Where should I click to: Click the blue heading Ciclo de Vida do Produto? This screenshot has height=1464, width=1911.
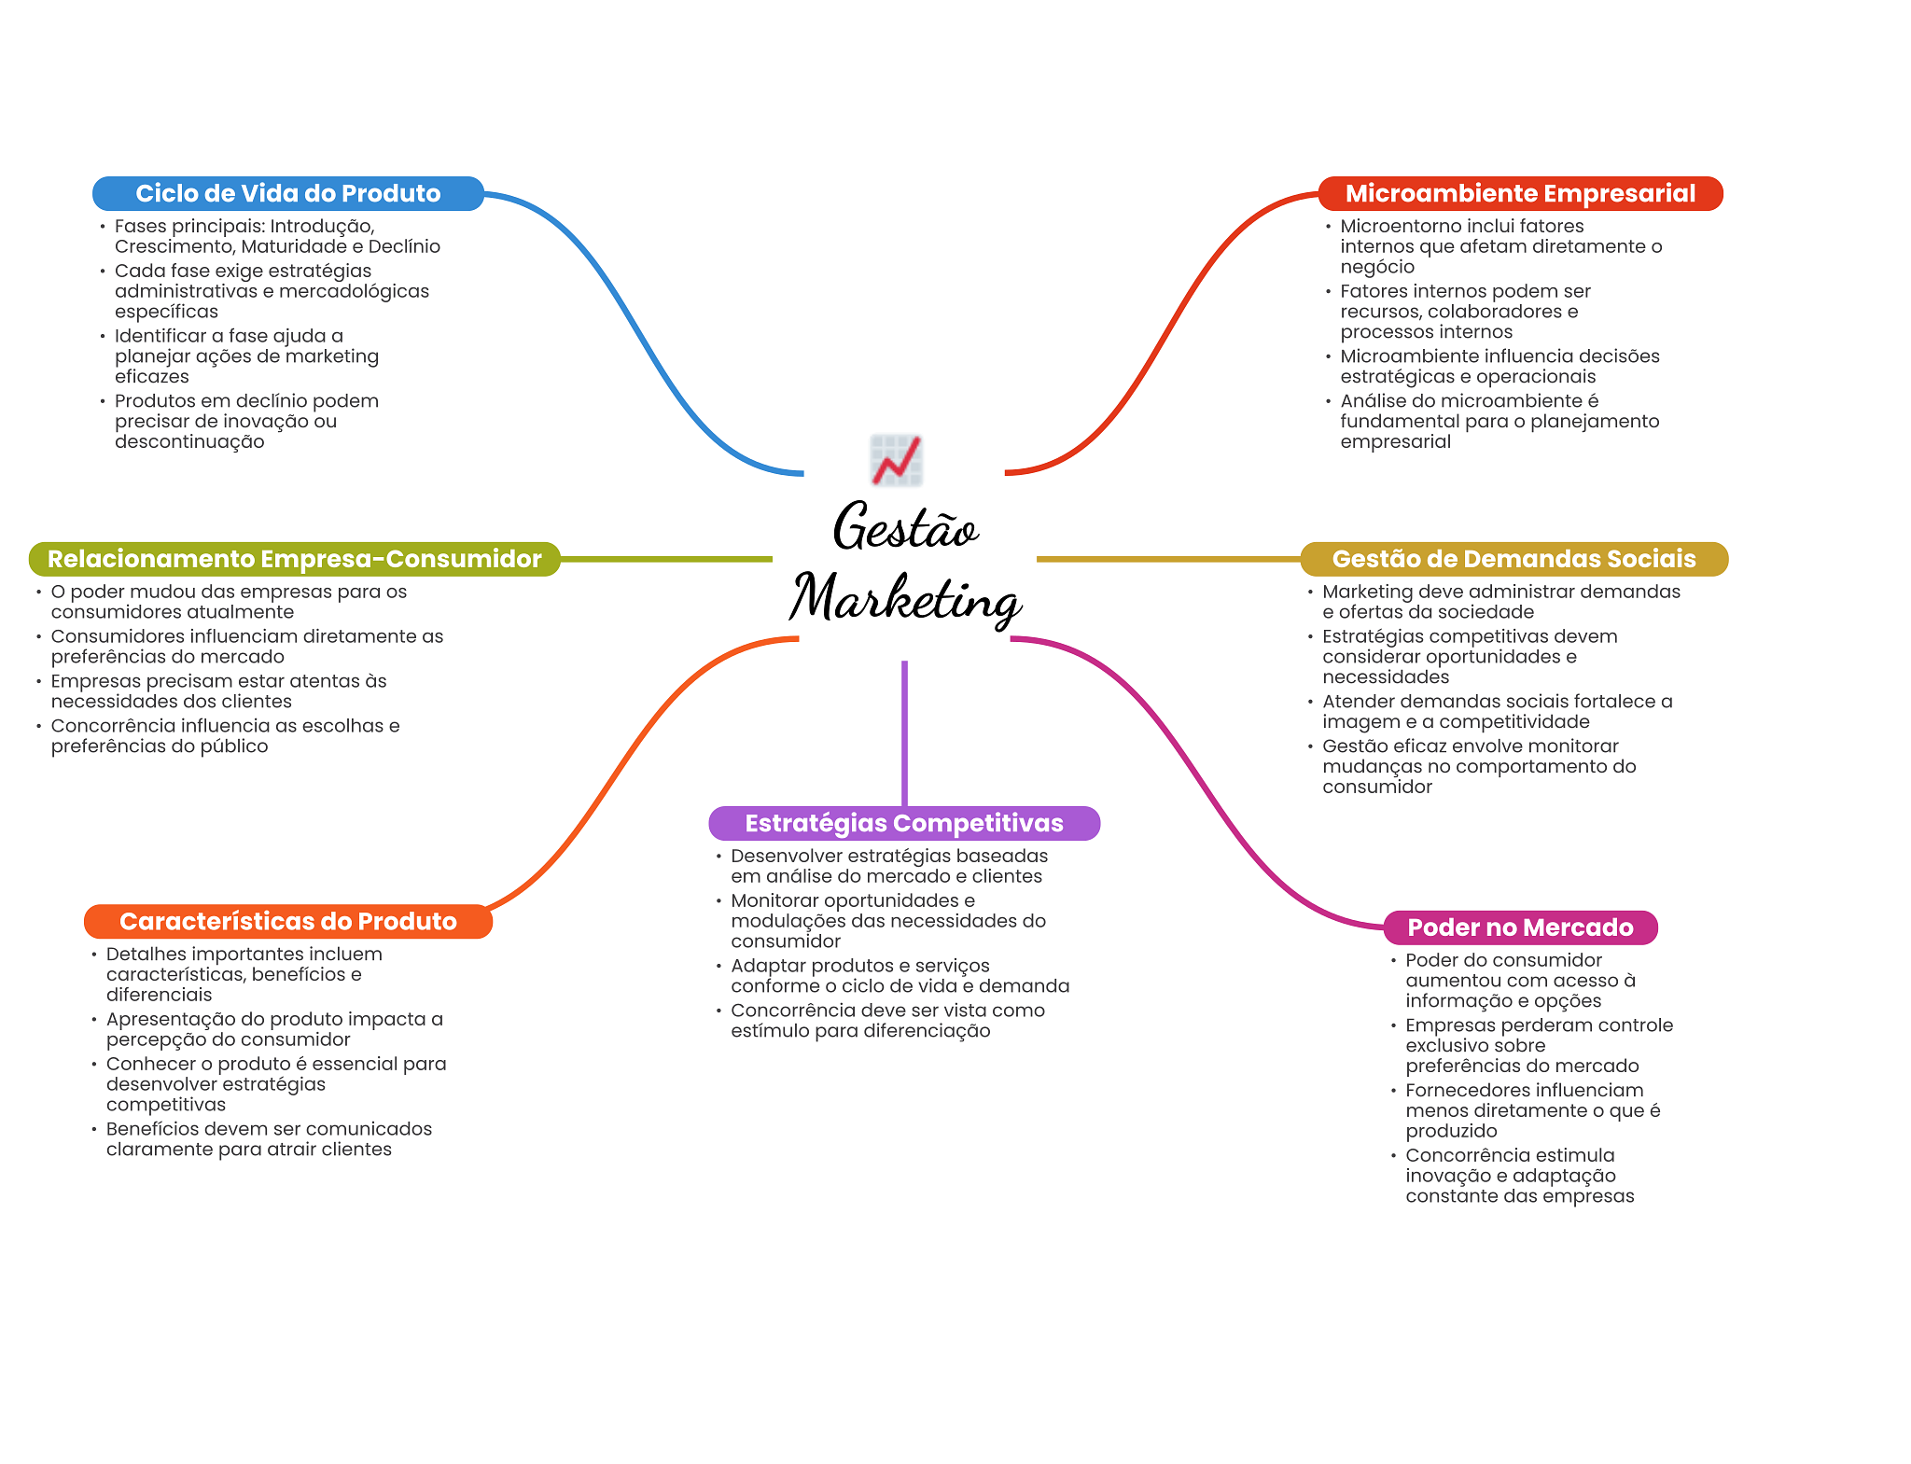(287, 193)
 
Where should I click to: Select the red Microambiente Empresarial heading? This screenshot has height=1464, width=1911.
(1519, 193)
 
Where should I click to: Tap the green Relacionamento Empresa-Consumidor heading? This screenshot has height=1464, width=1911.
(294, 559)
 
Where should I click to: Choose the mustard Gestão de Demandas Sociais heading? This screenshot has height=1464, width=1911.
(1513, 559)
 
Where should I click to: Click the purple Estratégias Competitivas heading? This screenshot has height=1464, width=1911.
(903, 823)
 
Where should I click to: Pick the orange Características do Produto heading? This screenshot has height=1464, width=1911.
(287, 921)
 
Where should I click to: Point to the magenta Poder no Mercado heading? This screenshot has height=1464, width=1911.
(1519, 927)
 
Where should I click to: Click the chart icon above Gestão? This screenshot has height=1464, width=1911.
(896, 460)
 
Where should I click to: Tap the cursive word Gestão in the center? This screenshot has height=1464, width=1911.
(905, 527)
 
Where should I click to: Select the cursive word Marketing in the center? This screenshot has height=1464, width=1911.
(905, 597)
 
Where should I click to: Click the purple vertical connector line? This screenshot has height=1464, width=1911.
(904, 732)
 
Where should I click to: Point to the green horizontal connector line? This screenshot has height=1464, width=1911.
(666, 559)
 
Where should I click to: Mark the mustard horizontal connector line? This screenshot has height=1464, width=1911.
(1166, 559)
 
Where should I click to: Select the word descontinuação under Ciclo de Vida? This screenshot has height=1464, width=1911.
(189, 441)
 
